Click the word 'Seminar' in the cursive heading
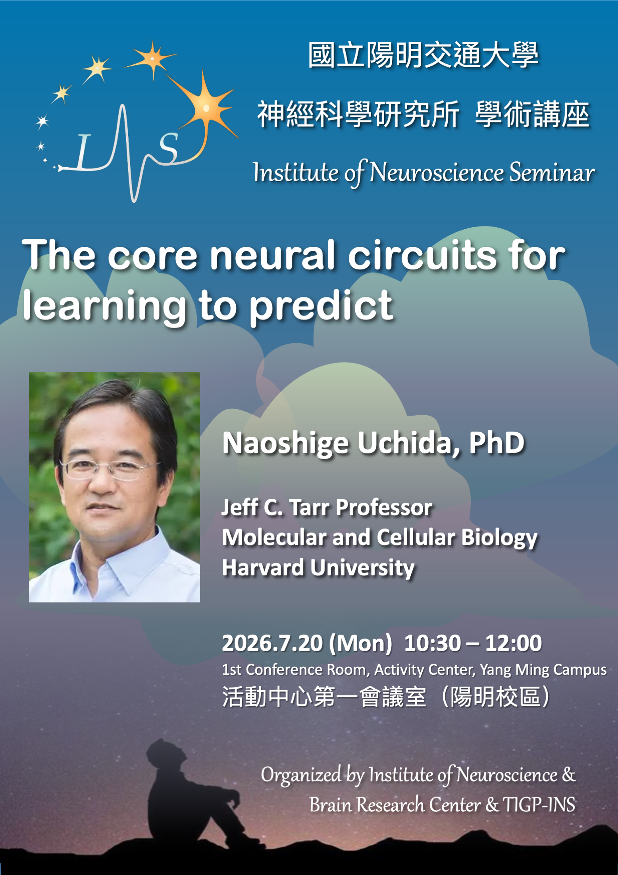point(552,172)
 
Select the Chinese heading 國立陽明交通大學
point(423,55)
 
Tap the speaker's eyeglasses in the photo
point(110,469)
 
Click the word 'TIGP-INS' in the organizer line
point(539,805)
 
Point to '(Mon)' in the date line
point(360,643)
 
